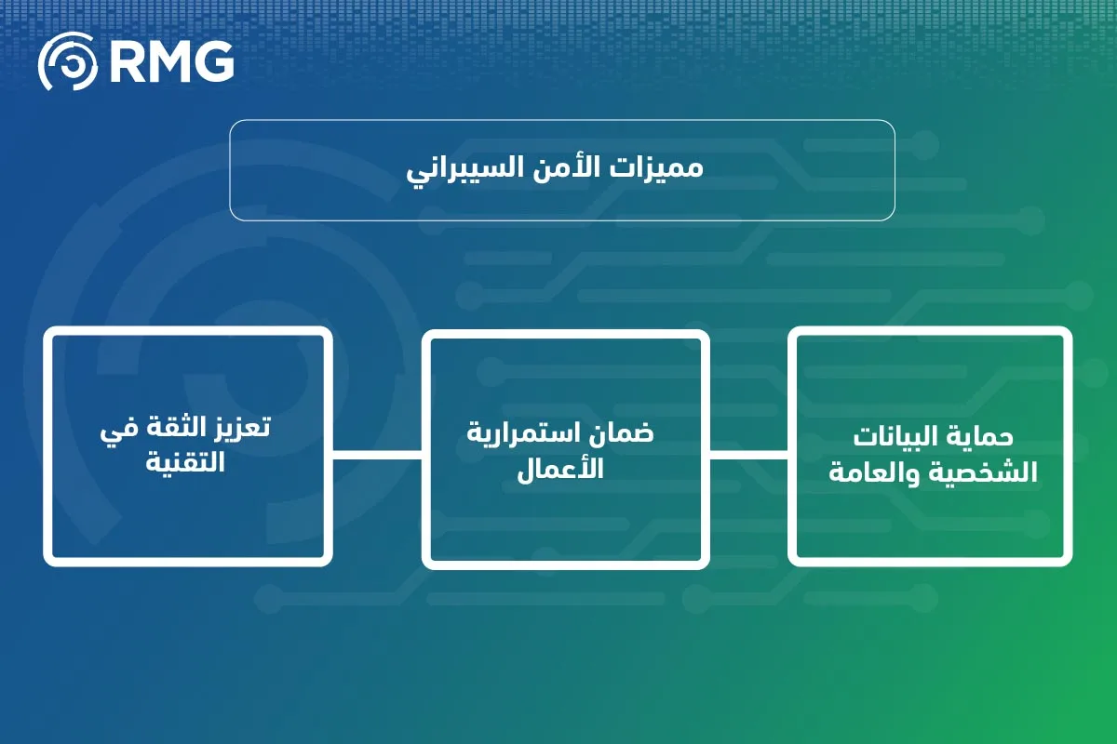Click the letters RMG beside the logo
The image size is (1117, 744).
170,63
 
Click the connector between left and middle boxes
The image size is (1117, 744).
377,454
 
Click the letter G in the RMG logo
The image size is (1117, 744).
212,63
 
